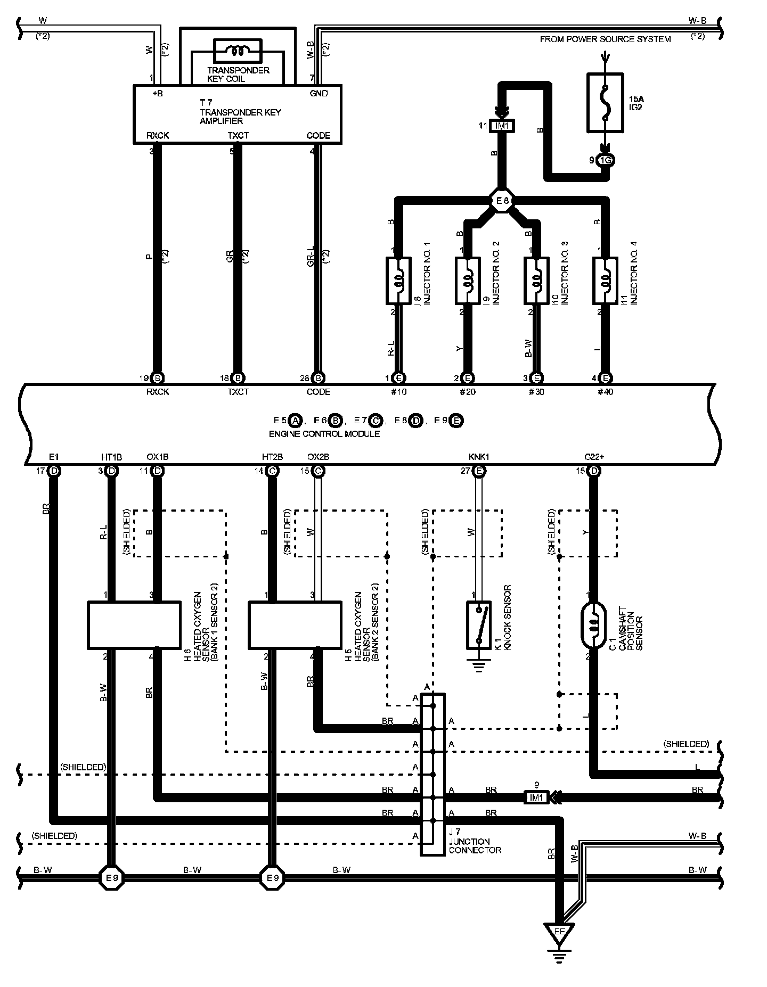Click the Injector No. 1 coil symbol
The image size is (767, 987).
pos(398,281)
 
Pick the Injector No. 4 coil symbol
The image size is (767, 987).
pos(605,281)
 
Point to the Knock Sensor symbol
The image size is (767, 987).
pos(479,625)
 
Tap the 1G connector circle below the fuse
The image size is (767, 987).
pos(605,160)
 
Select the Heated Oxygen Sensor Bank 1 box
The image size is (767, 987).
pos(133,625)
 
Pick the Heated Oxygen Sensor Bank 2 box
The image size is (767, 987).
pos(295,625)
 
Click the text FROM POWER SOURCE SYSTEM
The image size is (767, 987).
pos(605,39)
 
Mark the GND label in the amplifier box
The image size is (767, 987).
pos(319,94)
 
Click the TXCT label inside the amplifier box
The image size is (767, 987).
pos(238,136)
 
